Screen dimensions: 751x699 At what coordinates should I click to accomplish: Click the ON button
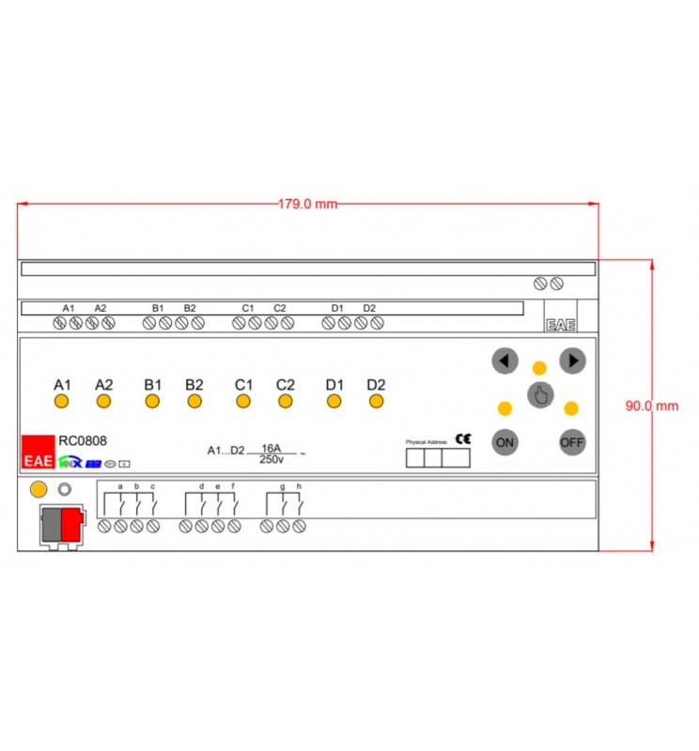[x=505, y=441]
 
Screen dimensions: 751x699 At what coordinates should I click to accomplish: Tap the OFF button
[x=571, y=441]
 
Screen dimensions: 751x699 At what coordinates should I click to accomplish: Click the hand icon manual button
[x=539, y=395]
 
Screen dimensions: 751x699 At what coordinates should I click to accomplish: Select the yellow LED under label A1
[x=61, y=402]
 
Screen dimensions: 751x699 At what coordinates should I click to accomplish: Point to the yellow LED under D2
[x=376, y=402]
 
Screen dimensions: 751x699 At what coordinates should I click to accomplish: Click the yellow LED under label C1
[x=242, y=402]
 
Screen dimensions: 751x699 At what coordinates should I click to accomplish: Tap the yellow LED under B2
[x=194, y=402]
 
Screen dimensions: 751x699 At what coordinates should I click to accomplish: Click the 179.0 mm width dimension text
[x=307, y=204]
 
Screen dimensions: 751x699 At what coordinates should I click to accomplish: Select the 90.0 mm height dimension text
[x=651, y=406]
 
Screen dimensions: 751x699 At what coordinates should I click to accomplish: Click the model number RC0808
[x=83, y=439]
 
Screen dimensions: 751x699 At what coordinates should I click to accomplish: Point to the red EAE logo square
[x=38, y=452]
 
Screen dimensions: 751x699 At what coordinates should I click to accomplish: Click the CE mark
[x=463, y=438]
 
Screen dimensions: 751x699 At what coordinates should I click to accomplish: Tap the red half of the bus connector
[x=70, y=524]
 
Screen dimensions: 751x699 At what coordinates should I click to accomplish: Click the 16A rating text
[x=272, y=448]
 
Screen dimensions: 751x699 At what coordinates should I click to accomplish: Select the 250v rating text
[x=272, y=459]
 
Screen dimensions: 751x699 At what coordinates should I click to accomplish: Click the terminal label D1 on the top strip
[x=337, y=308]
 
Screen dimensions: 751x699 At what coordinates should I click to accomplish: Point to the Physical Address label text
[x=427, y=441]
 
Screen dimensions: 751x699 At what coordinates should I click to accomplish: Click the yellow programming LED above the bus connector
[x=39, y=489]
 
